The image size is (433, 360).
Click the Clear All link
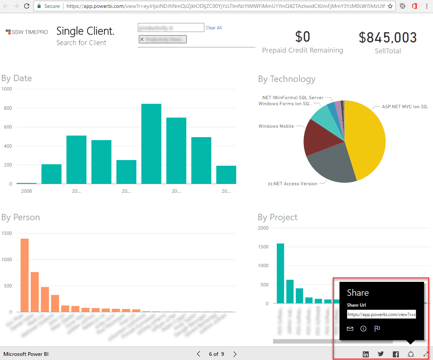(x=214, y=28)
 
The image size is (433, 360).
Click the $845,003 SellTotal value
(x=388, y=38)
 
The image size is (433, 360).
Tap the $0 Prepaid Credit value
(x=302, y=37)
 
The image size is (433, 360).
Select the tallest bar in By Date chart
(x=151, y=144)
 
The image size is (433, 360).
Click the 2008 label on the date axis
(x=26, y=191)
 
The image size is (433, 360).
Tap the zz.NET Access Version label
(x=293, y=184)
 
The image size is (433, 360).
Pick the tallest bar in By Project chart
(x=280, y=273)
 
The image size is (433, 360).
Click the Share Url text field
(x=381, y=314)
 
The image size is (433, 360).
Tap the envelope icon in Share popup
(x=350, y=329)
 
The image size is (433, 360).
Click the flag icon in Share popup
(x=377, y=329)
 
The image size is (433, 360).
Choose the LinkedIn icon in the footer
(x=366, y=354)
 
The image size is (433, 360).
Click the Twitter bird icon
(x=381, y=354)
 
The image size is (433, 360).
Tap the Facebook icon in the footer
(x=395, y=354)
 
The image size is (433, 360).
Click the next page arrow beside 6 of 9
(x=235, y=354)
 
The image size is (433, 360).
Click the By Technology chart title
(x=287, y=79)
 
